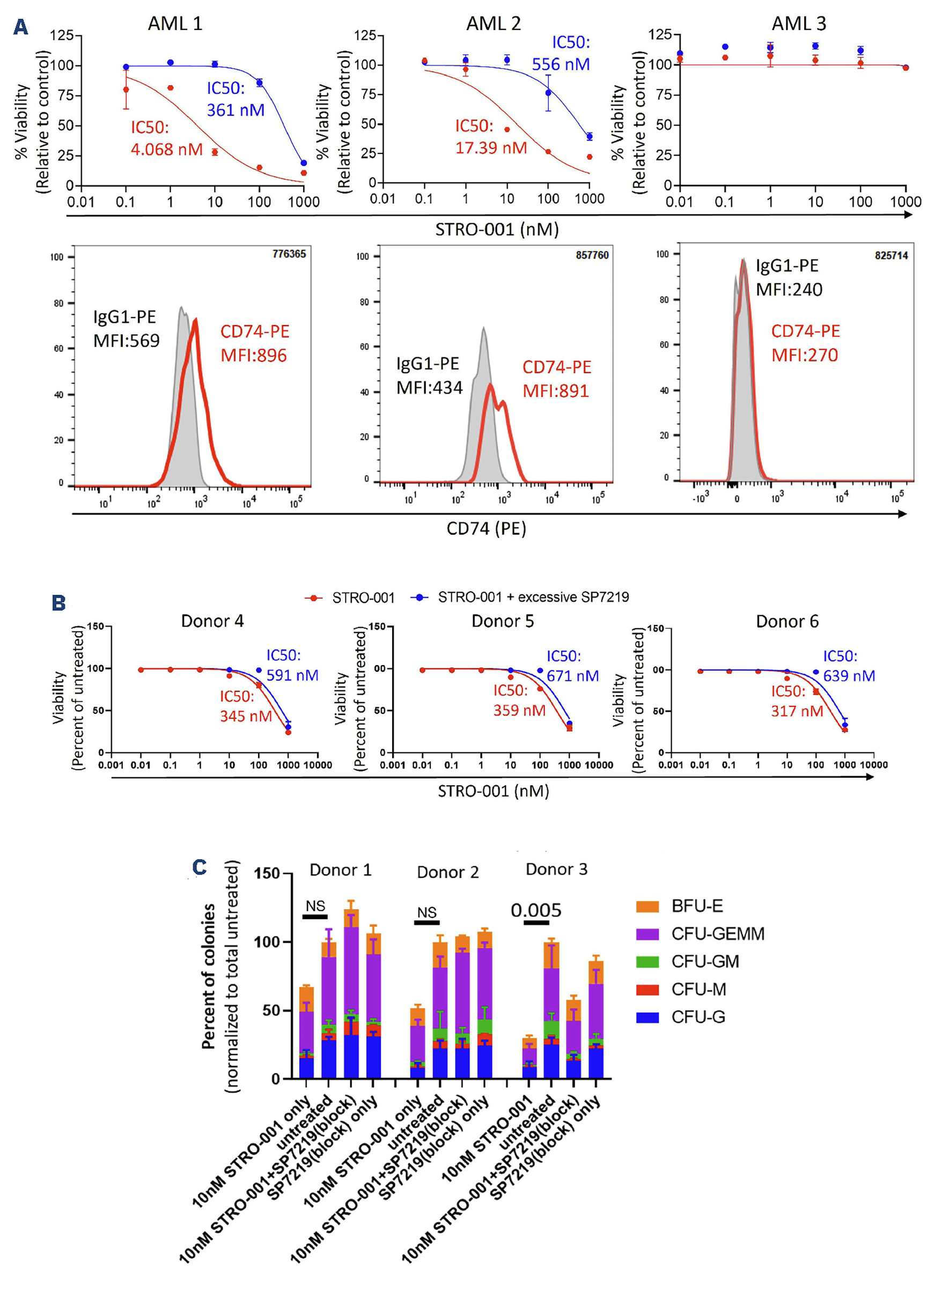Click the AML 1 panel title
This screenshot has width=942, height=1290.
coord(175,24)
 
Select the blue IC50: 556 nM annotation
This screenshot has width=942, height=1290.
coord(561,53)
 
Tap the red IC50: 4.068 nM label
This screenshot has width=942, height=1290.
coord(166,138)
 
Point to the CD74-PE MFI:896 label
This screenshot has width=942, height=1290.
coord(254,343)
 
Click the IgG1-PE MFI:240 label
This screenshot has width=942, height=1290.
coord(789,278)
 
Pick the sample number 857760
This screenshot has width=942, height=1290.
coord(592,255)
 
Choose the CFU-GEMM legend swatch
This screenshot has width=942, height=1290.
coord(648,934)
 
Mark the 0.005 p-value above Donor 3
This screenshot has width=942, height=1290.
coord(535,911)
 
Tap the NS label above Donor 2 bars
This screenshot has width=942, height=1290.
coord(426,912)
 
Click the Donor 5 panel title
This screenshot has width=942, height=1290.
coord(502,621)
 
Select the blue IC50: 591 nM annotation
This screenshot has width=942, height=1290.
coord(292,665)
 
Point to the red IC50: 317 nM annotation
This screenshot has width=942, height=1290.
coord(797,701)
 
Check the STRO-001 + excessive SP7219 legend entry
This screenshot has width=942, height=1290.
coord(533,597)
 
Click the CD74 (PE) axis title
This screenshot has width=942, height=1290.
coord(486,528)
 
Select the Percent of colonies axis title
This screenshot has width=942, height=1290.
coord(208,975)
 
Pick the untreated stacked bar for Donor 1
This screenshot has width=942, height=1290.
coord(328,1010)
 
